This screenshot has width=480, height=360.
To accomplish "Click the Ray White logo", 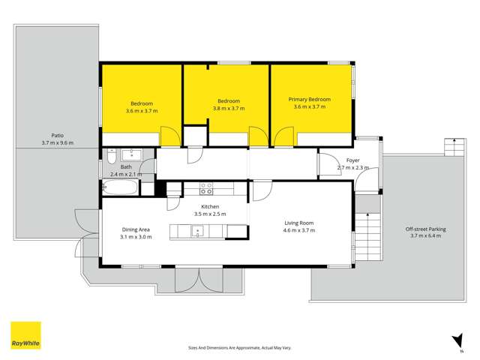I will click(25, 335).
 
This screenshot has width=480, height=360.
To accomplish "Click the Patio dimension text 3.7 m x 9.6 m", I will click(58, 142).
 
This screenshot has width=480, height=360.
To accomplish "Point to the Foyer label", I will click(353, 160).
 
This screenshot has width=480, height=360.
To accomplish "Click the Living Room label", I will click(299, 223).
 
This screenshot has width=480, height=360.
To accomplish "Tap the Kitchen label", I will click(209, 206).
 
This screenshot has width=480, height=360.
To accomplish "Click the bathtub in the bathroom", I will click(121, 187).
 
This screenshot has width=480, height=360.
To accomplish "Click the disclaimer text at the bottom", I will click(240, 347).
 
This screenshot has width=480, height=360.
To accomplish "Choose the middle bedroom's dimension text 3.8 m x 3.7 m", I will click(229, 109).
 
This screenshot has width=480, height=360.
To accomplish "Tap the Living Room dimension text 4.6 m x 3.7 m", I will click(299, 230).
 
